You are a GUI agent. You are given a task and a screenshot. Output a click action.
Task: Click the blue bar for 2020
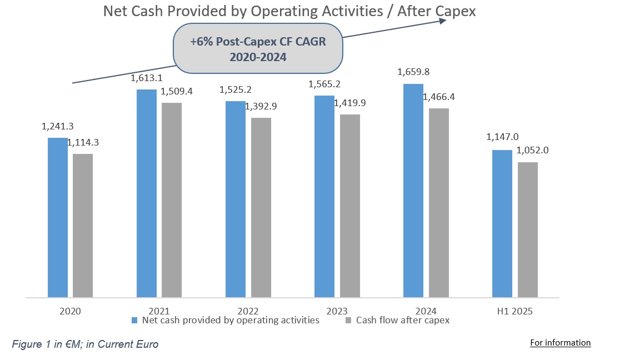click(57, 217)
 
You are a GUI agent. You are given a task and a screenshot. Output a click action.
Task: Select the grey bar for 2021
click(172, 200)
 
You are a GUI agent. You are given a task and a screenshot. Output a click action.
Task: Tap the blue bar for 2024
click(413, 191)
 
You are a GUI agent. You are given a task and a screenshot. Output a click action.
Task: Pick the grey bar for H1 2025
click(528, 229)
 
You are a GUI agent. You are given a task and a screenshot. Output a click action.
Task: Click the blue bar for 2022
click(235, 199)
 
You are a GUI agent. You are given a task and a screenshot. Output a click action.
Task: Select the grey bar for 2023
click(350, 206)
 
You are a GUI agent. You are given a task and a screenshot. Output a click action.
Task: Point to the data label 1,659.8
click(413, 72)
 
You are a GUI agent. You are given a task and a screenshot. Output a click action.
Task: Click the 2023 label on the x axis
click(337, 311)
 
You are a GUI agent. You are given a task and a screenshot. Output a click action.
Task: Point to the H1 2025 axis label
click(515, 311)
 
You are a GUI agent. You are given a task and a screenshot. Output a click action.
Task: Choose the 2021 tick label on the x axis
click(159, 311)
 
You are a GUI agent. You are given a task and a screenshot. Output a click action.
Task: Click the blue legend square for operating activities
click(134, 321)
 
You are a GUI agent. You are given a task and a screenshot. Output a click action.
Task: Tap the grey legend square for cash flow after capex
click(348, 321)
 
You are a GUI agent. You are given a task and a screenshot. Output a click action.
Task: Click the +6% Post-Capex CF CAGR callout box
click(258, 49)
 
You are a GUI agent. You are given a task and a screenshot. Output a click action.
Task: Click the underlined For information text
click(560, 343)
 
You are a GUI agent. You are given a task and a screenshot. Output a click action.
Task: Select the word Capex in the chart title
click(457, 11)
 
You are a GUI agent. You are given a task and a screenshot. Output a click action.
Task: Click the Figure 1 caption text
click(85, 344)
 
